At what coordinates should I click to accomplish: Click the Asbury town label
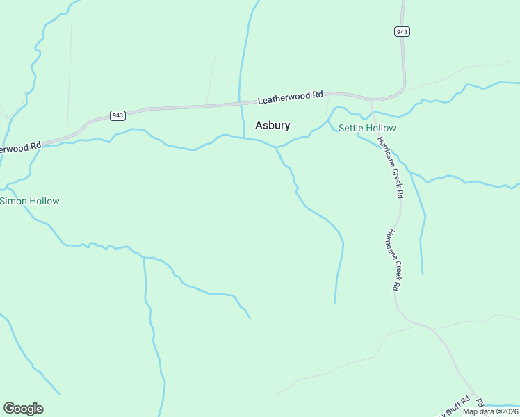coord(273,126)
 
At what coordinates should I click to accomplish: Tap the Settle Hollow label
coord(367,128)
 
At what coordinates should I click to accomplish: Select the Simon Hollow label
coord(30,201)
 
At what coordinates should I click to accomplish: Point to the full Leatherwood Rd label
coord(291,98)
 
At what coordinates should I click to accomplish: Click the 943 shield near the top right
coord(402,32)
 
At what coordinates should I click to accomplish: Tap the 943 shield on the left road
coord(117,115)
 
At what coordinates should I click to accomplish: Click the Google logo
coord(23,409)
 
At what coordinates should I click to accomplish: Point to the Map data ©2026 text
coord(489,411)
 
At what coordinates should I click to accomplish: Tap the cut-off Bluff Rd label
coord(456,409)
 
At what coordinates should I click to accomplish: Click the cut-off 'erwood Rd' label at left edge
coord(21,148)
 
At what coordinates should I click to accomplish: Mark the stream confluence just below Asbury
coord(277,148)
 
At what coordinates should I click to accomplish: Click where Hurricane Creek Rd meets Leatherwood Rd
coord(371,101)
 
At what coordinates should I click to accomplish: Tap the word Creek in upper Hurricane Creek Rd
coord(393,174)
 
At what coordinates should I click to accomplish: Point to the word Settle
coord(351,128)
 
